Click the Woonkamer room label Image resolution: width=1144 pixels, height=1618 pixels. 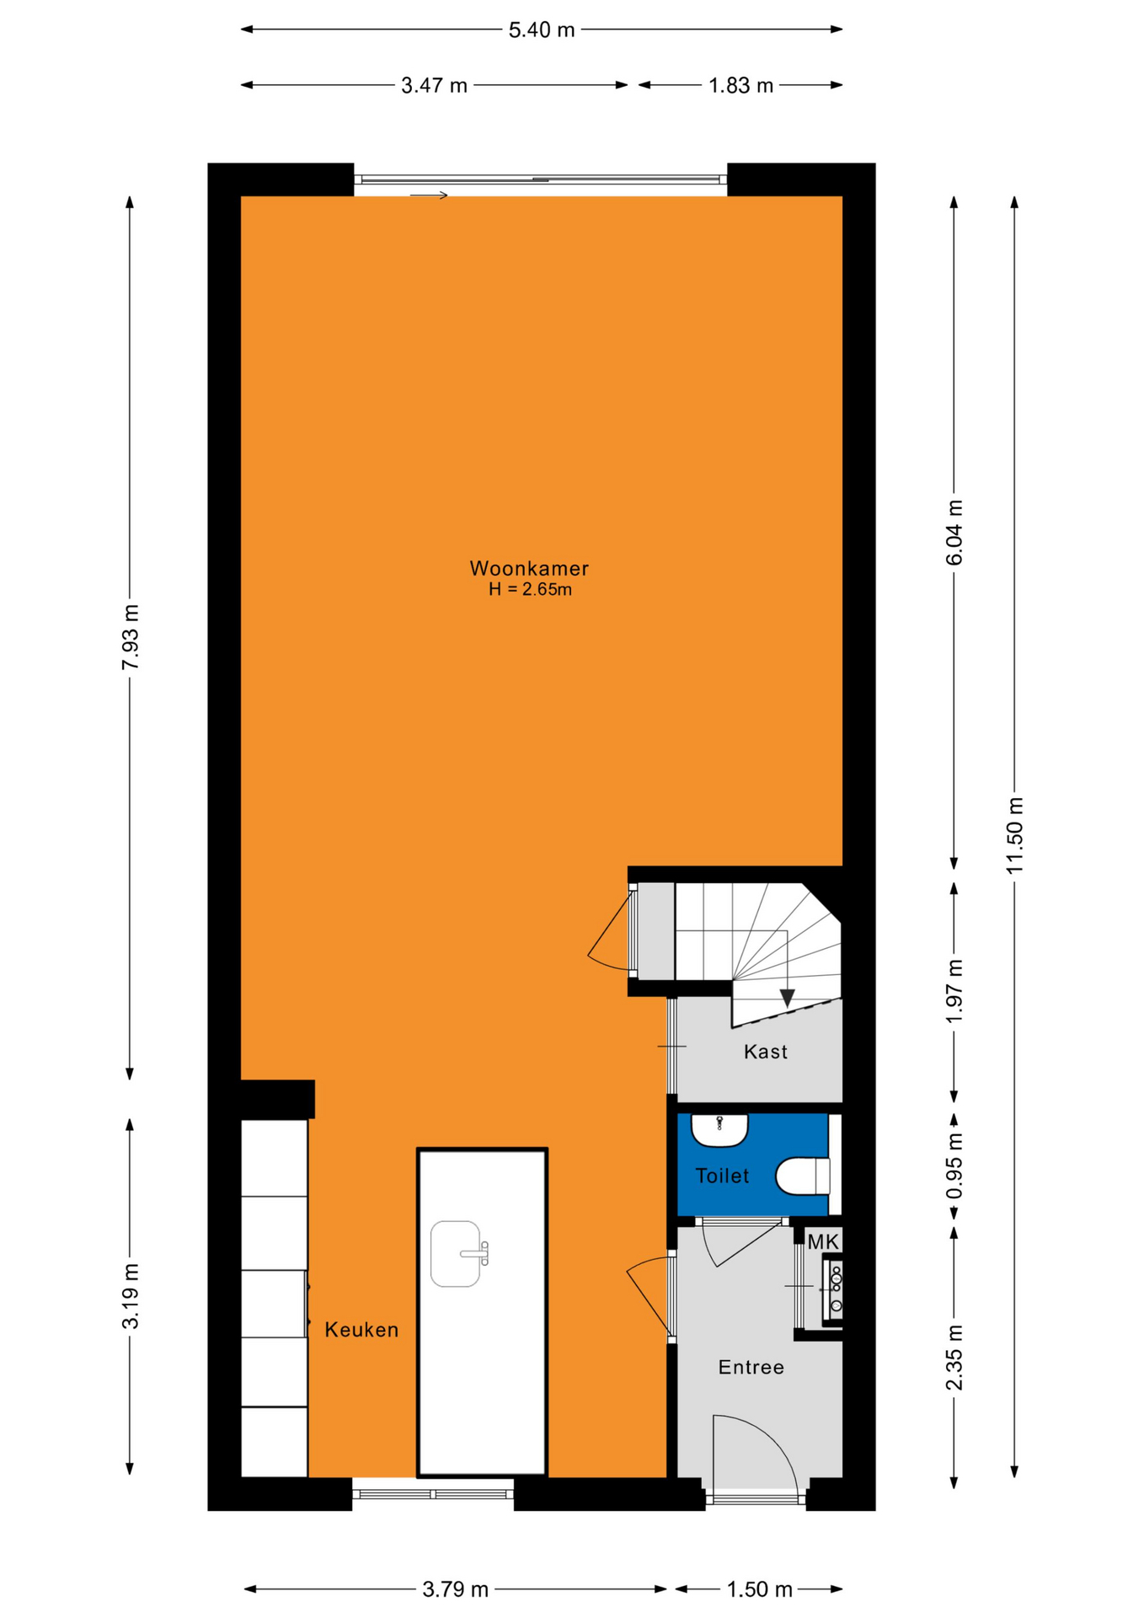point(529,568)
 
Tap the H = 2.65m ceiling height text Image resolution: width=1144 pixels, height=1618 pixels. point(530,590)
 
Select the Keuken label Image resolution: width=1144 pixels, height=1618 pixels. point(361,1330)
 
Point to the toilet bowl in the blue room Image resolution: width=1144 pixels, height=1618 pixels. point(803,1176)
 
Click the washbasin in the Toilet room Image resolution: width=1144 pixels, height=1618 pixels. point(719,1130)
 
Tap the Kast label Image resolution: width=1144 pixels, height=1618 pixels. point(766,1052)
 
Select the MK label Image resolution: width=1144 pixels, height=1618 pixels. point(823,1241)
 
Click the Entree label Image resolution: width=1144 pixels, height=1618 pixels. point(751,1368)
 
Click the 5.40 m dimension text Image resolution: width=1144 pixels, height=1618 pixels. point(542,30)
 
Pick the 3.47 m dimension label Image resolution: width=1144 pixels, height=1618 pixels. point(434,86)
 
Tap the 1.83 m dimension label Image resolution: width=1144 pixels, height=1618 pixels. point(740,86)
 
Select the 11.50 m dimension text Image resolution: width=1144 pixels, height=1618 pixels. point(1014,835)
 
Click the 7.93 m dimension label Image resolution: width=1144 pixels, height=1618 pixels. point(130,637)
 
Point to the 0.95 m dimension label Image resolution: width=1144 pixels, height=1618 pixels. point(954,1166)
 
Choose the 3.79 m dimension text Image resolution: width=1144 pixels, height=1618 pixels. point(455,1589)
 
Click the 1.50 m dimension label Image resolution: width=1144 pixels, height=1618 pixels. point(760,1589)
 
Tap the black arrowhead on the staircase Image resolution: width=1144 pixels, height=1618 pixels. point(787,998)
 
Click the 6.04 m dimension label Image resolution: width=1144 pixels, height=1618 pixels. point(954,533)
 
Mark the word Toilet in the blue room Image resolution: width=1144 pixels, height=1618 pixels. point(722,1176)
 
